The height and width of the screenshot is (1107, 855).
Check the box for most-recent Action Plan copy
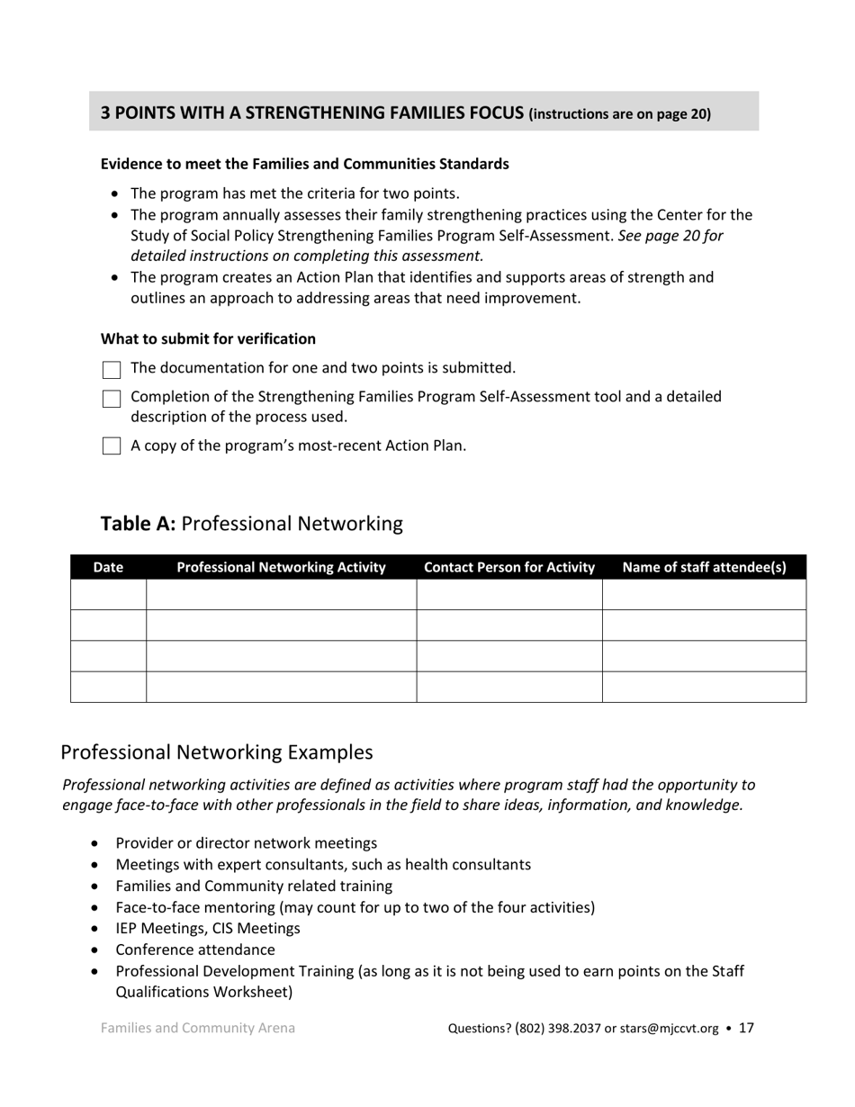point(112,446)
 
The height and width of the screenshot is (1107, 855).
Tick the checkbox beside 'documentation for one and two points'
point(112,370)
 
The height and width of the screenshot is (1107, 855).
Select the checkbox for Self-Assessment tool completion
point(112,399)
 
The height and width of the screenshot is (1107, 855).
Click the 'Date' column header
point(108,567)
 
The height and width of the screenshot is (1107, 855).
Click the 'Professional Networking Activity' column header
point(281,567)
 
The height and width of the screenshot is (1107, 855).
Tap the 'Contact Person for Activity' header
point(509,567)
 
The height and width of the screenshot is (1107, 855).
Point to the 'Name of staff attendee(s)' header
point(704,567)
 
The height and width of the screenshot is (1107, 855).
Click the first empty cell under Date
point(108,595)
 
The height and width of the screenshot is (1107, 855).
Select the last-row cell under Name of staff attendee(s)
point(704,687)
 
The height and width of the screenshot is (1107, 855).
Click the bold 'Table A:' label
point(138,524)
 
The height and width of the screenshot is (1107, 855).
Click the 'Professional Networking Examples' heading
point(216,752)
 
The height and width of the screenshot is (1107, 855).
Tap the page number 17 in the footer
point(746,1028)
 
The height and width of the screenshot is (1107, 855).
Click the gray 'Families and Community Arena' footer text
point(197,1028)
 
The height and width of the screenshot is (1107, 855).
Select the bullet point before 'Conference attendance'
point(96,950)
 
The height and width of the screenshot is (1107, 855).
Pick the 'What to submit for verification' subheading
point(208,339)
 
